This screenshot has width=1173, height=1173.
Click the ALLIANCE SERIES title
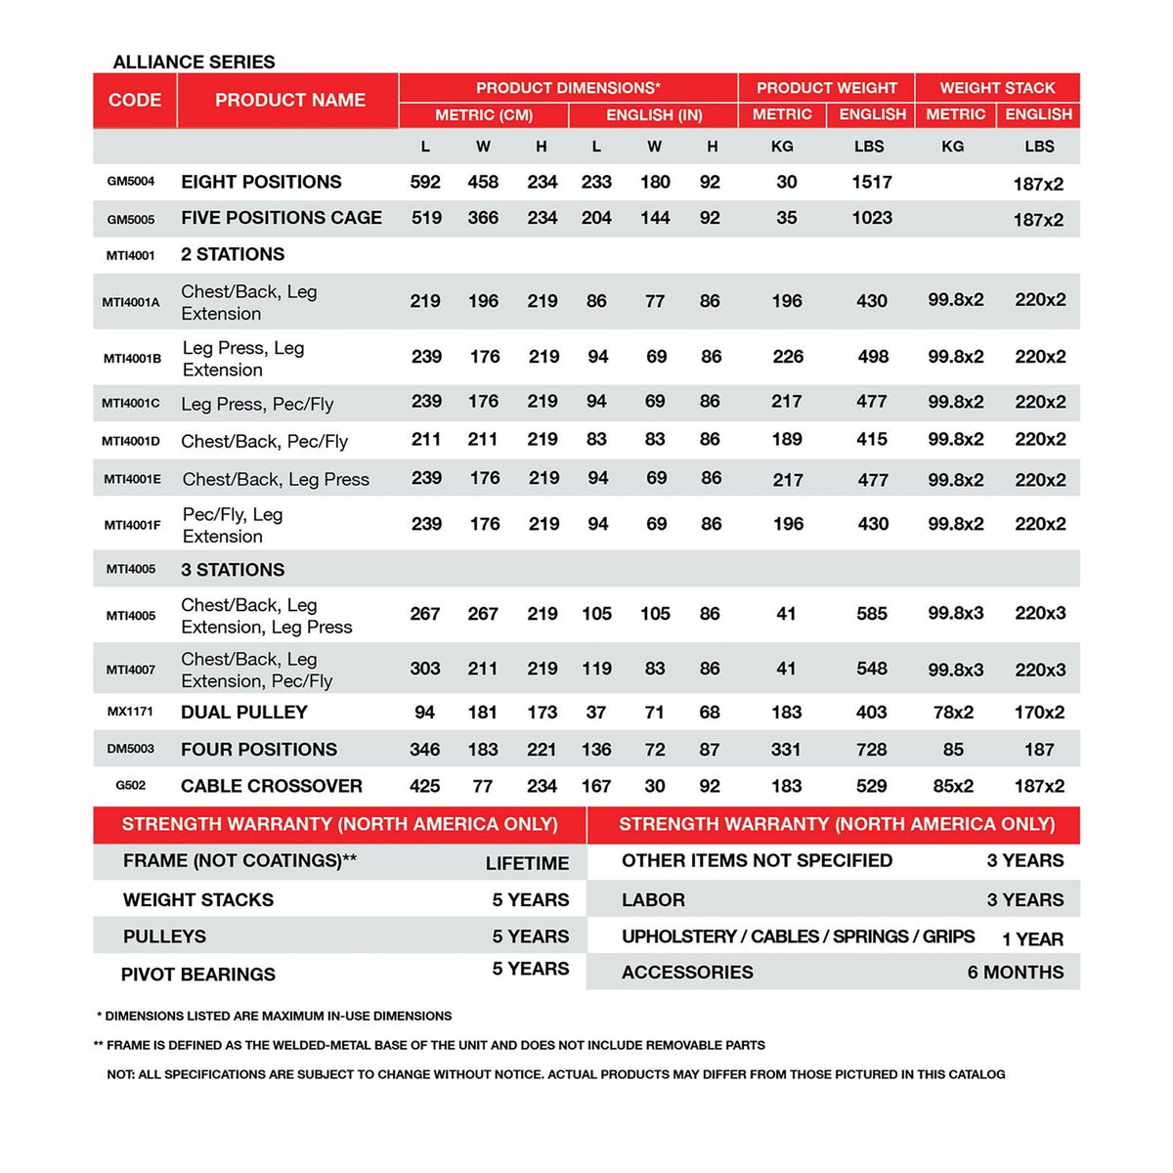[194, 62]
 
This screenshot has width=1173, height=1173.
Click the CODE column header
[135, 100]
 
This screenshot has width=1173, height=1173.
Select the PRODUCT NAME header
[289, 100]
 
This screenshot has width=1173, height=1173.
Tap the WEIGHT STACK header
[997, 87]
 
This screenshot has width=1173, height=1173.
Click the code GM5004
[131, 181]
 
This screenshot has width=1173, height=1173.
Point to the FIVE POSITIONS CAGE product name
[282, 218]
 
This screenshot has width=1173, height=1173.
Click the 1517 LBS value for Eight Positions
[871, 182]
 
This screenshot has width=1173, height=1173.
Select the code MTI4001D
[131, 441]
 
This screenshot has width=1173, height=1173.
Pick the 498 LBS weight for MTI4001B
[873, 357]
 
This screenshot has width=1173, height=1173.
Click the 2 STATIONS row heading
[233, 254]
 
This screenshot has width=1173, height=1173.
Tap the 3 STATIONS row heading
[233, 570]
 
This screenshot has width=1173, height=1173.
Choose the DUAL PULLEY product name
[244, 713]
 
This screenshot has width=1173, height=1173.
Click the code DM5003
[131, 749]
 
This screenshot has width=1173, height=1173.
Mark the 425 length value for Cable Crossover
[424, 786]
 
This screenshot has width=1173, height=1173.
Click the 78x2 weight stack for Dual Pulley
[953, 713]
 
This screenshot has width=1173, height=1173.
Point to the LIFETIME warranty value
[527, 863]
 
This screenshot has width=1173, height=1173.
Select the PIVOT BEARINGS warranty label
[198, 975]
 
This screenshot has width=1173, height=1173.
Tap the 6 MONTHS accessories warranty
[1016, 973]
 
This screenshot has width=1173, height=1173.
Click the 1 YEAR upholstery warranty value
[1032, 939]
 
